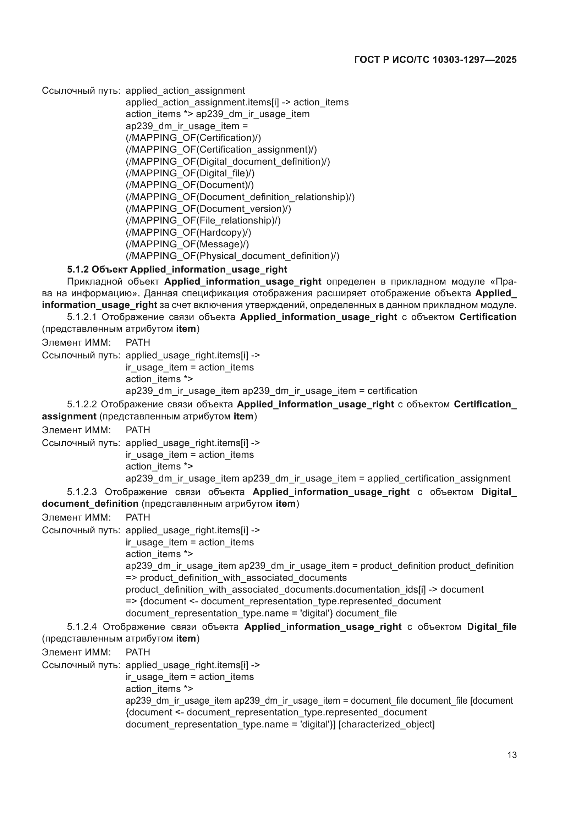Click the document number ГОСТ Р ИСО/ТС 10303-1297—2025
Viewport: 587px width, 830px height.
click(435, 60)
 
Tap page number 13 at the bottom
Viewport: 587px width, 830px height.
click(512, 755)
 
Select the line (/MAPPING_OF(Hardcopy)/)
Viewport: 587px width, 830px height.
click(188, 232)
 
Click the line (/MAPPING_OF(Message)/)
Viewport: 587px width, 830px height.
click(187, 244)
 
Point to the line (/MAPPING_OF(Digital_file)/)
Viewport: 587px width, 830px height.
click(190, 173)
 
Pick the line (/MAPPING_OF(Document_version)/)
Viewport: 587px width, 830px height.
click(208, 209)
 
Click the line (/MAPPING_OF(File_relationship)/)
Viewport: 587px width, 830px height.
click(203, 220)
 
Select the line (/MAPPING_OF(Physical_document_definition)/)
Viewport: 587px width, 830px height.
click(232, 256)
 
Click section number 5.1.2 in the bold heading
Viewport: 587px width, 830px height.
click(78, 269)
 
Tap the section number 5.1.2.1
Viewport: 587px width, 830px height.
click(82, 317)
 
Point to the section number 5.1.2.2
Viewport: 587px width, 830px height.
click(82, 404)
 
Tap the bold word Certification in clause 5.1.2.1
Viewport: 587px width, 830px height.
click(488, 317)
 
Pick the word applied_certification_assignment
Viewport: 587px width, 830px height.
click(439, 478)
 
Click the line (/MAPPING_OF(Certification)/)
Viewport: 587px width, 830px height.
click(193, 138)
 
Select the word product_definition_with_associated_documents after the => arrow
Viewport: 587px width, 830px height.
click(243, 578)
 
